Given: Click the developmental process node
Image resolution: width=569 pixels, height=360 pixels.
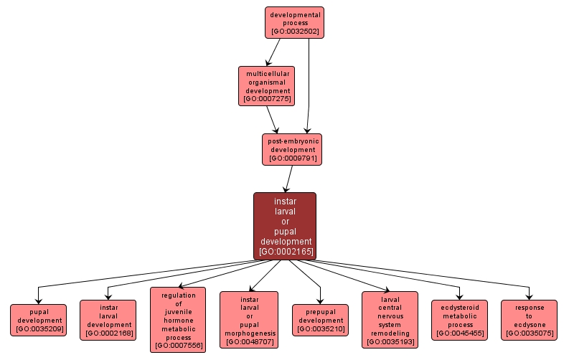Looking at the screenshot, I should tap(295, 22).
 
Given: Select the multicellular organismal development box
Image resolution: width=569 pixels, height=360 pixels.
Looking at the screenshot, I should tap(267, 86).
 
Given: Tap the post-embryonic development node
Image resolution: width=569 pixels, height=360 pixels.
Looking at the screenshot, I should tap(292, 149).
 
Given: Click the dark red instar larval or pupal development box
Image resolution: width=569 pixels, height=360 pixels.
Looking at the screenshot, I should tap(285, 225).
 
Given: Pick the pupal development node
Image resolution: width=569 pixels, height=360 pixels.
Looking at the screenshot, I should tap(39, 320).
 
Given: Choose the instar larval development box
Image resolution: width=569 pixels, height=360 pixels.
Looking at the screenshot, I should tap(108, 320).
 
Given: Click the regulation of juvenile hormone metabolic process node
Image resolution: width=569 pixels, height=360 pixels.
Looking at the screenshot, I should tap(178, 320).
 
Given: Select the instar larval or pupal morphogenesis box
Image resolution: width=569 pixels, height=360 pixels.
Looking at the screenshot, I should tap(249, 320).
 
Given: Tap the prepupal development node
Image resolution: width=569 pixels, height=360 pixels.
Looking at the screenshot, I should tap(320, 320).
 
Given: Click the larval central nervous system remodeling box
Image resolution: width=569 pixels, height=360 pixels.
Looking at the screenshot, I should tap(390, 320).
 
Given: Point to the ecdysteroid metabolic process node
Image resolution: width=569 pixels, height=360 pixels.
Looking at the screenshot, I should tap(459, 320).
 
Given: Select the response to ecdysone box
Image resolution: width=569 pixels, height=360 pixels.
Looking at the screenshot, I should tap(529, 320).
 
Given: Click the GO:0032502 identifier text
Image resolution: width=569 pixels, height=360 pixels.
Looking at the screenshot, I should tap(295, 32).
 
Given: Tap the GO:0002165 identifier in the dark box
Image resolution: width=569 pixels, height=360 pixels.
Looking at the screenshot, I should tap(285, 252).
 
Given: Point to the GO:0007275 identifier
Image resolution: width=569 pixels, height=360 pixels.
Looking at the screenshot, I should tap(267, 99).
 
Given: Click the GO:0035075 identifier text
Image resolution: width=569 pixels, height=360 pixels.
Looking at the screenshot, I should tap(529, 333).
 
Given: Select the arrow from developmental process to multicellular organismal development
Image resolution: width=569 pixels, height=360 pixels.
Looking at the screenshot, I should tap(273, 52).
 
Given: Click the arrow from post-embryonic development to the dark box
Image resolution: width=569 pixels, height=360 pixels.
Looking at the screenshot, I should tap(289, 179).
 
